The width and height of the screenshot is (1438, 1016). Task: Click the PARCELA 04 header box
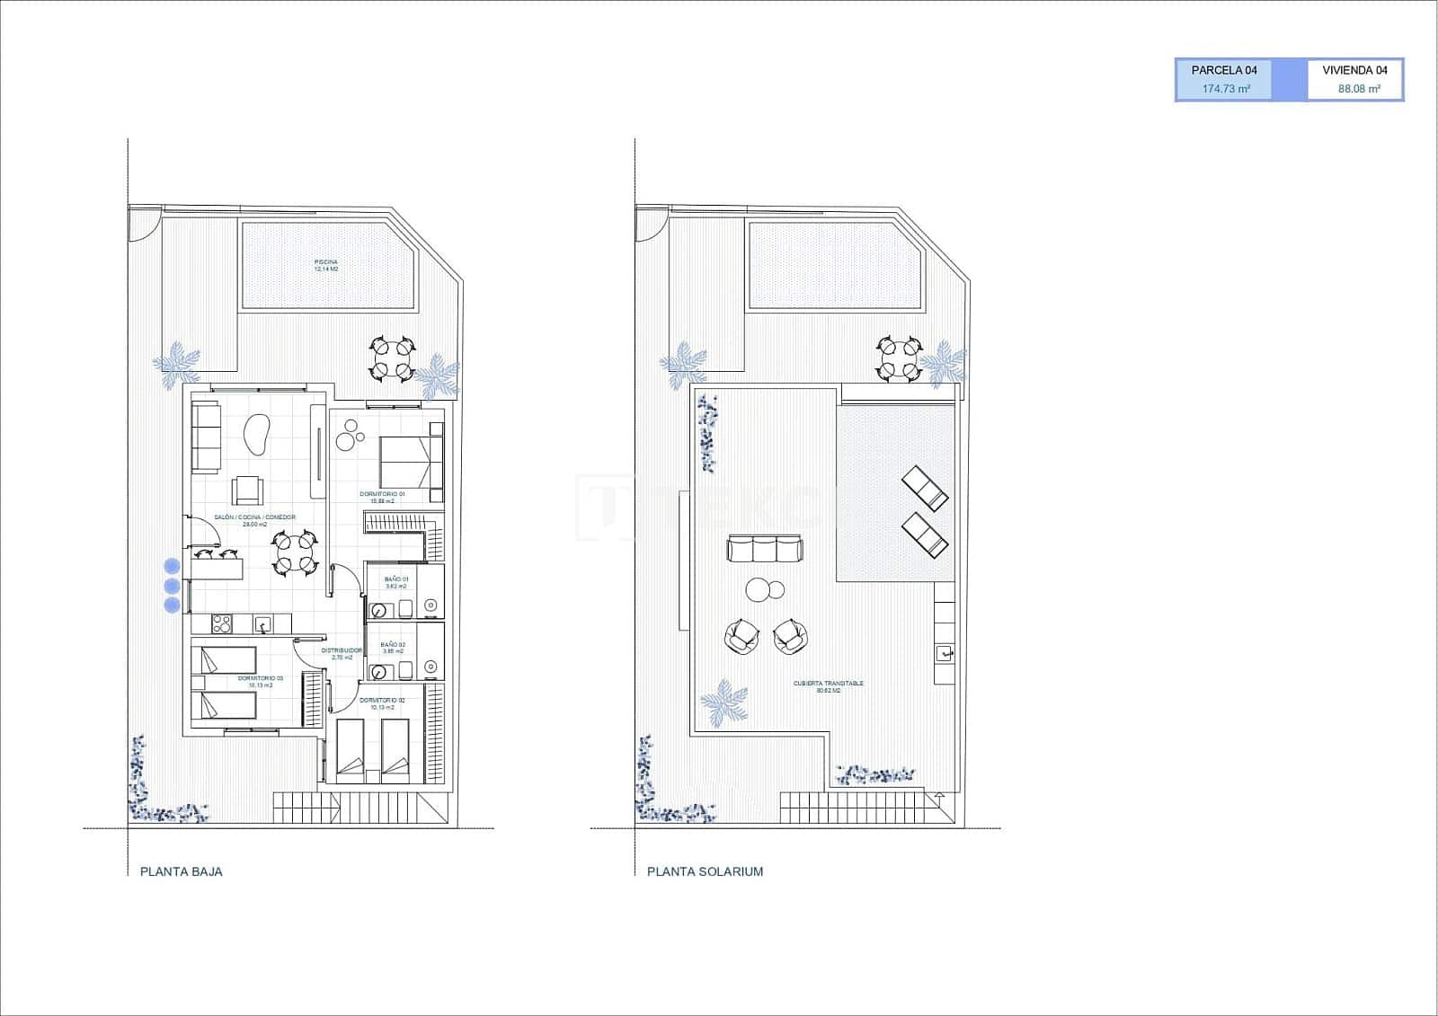coord(1223,70)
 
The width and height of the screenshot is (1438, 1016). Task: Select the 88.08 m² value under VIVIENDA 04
coord(1358,89)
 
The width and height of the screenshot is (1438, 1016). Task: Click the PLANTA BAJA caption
coord(181,871)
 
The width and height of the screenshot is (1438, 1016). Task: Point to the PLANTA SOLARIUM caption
coord(705,871)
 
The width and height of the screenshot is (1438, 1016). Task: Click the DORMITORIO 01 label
coord(382,494)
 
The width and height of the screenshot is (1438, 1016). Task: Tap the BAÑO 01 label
coord(396,579)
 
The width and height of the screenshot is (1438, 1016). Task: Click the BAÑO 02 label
coord(393,645)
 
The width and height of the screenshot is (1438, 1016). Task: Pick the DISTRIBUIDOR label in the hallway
coord(342,650)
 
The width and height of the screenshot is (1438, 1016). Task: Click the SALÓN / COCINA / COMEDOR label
coord(254,517)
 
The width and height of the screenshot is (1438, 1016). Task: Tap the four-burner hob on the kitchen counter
coord(222,623)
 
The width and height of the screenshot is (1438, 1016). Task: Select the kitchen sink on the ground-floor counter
coord(263,623)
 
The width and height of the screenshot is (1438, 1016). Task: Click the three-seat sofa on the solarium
coord(764,548)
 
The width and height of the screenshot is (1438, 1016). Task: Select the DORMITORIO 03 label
coord(260,678)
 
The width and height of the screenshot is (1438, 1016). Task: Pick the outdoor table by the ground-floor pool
coord(393,358)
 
